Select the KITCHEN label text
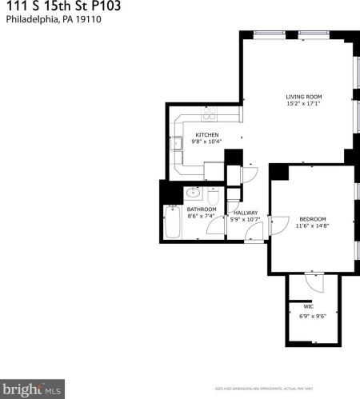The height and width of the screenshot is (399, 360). click(207, 134)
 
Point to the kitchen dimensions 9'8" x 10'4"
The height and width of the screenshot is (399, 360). click(207, 142)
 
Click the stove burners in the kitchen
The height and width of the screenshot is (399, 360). click(209, 113)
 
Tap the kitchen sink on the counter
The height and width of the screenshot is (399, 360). click(175, 144)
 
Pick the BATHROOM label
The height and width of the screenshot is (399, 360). click(202, 209)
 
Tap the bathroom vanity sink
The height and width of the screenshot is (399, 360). click(192, 193)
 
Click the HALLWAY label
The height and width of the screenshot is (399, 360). click(244, 212)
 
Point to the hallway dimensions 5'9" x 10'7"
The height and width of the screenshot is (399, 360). click(244, 218)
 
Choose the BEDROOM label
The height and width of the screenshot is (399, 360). click(312, 219)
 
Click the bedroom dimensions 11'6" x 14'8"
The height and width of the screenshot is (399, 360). click(312, 226)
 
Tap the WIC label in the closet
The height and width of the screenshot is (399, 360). click(308, 306)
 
